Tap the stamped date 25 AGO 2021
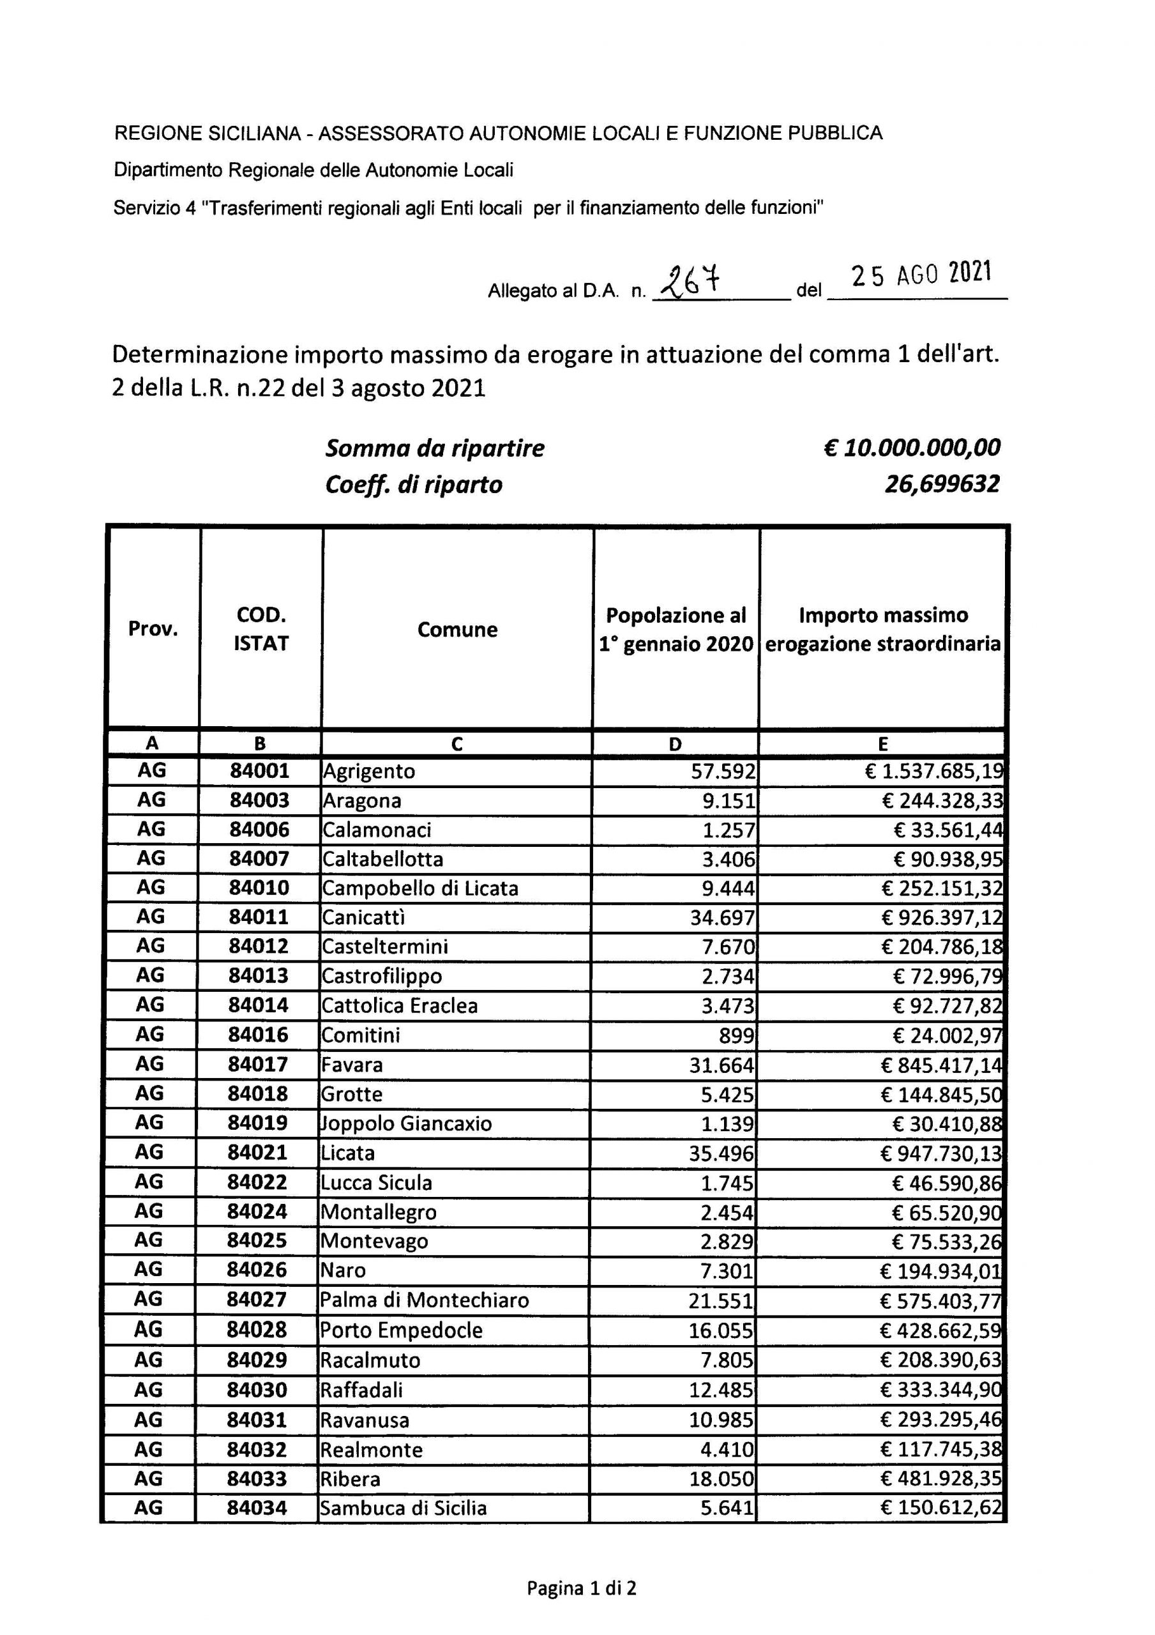pyautogui.click(x=921, y=274)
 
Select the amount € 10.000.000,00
pyautogui.click(x=912, y=447)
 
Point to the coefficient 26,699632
pyautogui.click(x=942, y=484)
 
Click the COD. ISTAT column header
pyautogui.click(x=260, y=629)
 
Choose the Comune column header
pyautogui.click(x=457, y=630)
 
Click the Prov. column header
pyautogui.click(x=153, y=629)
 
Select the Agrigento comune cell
pyautogui.click(x=369, y=772)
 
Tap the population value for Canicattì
pyautogui.click(x=722, y=917)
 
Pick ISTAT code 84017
pyautogui.click(x=258, y=1064)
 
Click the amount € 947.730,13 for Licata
pyautogui.click(x=940, y=1153)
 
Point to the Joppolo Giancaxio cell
pyautogui.click(x=407, y=1123)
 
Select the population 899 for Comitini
pyautogui.click(x=736, y=1035)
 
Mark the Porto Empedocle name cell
pyautogui.click(x=402, y=1330)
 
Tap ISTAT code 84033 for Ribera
pyautogui.click(x=257, y=1479)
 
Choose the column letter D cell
pyautogui.click(x=675, y=744)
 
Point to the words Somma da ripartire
pyautogui.click(x=434, y=448)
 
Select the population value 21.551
pyautogui.click(x=721, y=1300)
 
